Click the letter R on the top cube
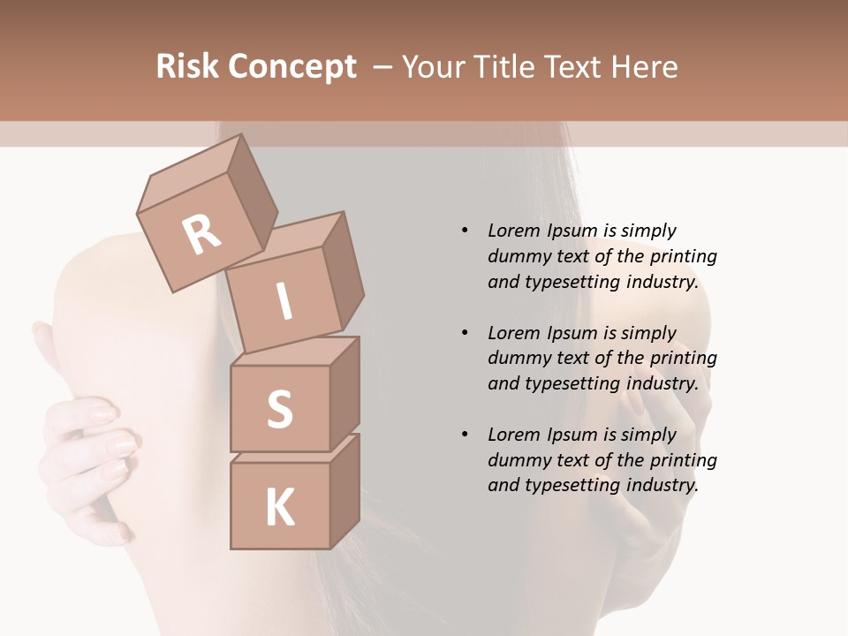point(201,235)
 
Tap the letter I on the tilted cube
point(284,302)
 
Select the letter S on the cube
point(279,410)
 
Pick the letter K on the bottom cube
point(279,508)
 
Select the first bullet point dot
point(465,231)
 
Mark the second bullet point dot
point(465,333)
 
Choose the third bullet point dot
point(465,435)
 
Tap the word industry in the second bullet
point(662,383)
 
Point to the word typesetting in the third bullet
point(572,485)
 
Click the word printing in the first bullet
point(684,256)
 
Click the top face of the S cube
point(295,352)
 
